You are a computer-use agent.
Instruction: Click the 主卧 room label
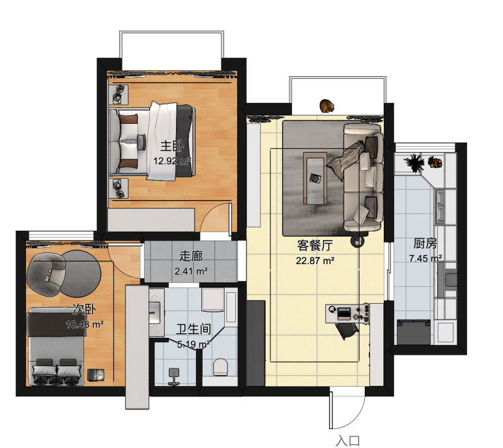click(173, 146)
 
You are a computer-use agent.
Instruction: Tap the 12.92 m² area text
click(172, 160)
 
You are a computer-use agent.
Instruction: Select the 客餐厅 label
click(315, 245)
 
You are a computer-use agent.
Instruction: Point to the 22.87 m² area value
click(315, 260)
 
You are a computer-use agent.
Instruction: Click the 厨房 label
click(425, 244)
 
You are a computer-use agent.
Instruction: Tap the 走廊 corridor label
click(191, 256)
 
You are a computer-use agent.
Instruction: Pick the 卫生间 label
click(194, 329)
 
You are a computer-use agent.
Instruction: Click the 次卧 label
click(84, 310)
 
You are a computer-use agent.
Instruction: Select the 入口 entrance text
click(348, 441)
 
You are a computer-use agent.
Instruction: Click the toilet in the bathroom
click(221, 366)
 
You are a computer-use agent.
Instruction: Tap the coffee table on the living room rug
click(315, 179)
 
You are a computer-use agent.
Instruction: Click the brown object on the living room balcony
click(327, 106)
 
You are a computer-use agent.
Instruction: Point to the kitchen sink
click(440, 207)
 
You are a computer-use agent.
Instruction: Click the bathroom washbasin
click(155, 312)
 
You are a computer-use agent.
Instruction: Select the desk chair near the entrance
click(347, 331)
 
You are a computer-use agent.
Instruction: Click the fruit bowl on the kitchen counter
click(435, 162)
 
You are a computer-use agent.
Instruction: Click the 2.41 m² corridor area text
click(191, 271)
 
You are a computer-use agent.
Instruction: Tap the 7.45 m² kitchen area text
click(425, 258)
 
